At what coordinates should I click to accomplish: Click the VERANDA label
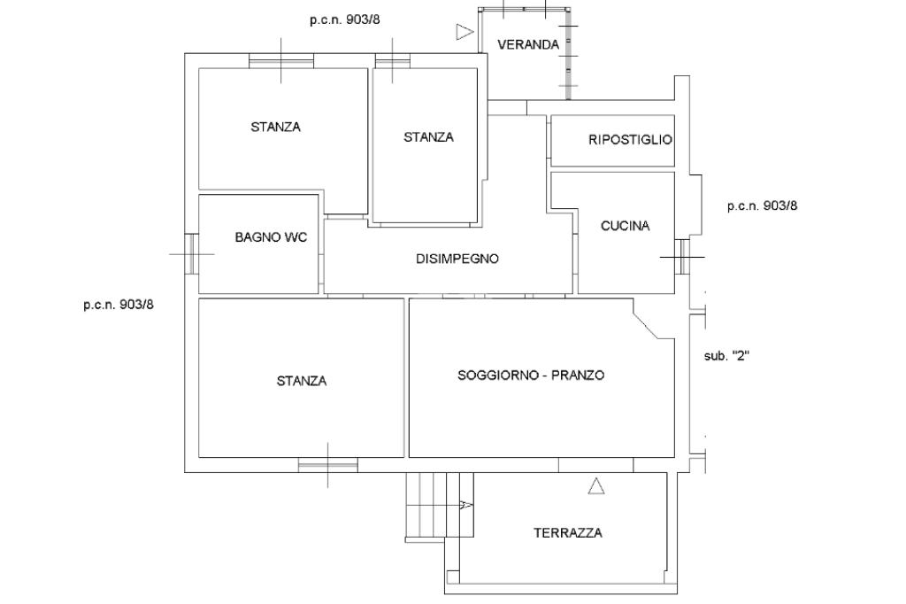click(528, 44)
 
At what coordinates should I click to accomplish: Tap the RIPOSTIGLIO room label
click(630, 139)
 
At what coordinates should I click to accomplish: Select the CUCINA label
click(626, 226)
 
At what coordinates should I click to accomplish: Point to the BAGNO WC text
click(271, 237)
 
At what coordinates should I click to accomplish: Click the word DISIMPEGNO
click(457, 259)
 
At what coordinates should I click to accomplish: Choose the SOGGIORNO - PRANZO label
click(531, 375)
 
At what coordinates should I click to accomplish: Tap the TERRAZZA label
click(568, 533)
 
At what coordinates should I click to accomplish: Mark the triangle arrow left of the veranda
click(465, 32)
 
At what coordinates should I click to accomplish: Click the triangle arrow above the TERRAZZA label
click(596, 486)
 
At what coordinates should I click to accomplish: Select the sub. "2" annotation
click(726, 356)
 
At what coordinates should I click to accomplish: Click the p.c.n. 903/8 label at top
click(345, 19)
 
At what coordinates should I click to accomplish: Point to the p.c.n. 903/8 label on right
click(762, 205)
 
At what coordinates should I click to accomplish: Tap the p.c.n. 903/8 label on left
click(119, 305)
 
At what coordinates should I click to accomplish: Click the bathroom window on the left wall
click(191, 253)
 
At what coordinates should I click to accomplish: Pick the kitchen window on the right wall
click(682, 256)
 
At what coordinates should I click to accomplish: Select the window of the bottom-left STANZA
click(328, 465)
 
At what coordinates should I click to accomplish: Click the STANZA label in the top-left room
click(276, 127)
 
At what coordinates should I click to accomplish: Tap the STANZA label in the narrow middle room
click(428, 137)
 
